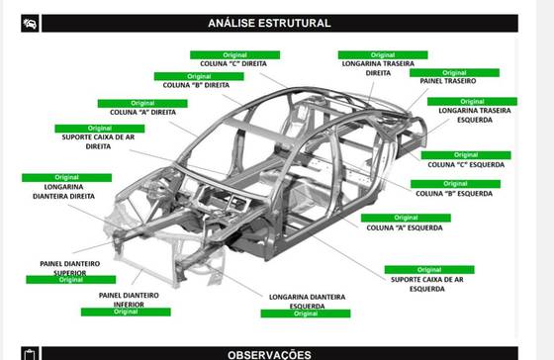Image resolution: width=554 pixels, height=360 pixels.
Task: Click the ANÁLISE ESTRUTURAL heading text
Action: point(269,23)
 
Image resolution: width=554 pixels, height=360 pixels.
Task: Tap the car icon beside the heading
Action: point(30,24)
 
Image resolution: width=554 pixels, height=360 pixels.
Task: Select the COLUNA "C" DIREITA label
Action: point(233,64)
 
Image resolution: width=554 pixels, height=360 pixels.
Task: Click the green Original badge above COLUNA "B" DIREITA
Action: point(199,76)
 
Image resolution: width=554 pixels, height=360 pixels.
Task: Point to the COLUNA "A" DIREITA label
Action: point(142,113)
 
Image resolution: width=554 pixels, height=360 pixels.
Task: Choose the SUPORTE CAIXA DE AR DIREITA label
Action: point(98,141)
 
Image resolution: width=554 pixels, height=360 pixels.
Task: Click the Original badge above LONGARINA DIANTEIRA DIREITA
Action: point(67,177)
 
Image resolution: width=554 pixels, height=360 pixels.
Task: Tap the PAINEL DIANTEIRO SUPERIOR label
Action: point(70,268)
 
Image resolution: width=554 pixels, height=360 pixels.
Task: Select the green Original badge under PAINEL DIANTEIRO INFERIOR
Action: point(126,312)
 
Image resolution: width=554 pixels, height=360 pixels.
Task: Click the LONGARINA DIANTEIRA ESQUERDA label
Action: point(307,301)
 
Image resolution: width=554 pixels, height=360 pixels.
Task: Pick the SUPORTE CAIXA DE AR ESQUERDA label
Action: point(427,284)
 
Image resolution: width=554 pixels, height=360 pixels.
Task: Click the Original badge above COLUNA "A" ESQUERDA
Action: point(406,218)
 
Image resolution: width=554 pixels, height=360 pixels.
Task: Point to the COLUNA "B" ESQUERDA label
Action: point(454,194)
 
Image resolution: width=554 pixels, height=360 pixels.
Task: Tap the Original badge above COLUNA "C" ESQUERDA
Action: point(466,155)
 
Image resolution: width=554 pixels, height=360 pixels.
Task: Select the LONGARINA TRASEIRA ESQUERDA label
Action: point(475,115)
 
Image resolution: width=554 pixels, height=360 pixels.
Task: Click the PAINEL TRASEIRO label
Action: point(447,81)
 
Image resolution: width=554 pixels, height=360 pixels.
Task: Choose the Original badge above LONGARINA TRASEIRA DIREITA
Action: point(383,55)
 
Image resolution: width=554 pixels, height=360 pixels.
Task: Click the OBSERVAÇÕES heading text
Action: point(269,355)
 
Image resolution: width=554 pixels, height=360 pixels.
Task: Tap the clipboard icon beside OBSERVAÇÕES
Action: point(30,355)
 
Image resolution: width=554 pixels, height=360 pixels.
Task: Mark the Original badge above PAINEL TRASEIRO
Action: point(454,73)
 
